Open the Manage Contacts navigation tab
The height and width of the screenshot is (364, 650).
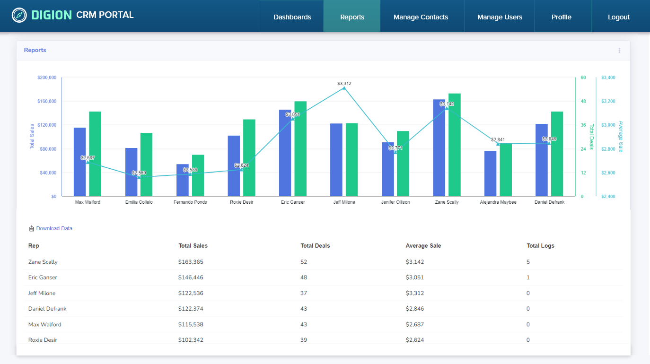(x=421, y=17)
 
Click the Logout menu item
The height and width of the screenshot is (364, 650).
(x=618, y=17)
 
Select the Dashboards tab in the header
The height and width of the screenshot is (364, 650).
(x=292, y=17)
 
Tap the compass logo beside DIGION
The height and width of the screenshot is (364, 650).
(x=19, y=15)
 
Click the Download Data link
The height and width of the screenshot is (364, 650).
(x=54, y=228)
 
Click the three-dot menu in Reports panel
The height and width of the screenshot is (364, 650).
(x=619, y=51)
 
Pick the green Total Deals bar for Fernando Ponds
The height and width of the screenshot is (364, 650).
(x=198, y=175)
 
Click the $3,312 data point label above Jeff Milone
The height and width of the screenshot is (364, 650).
(x=344, y=84)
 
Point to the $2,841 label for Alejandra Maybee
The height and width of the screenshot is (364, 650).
(x=498, y=140)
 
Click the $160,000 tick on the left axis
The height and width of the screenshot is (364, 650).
(x=47, y=101)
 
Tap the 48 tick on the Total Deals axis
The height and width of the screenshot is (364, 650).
(x=583, y=101)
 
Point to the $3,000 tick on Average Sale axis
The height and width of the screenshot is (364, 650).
(x=608, y=125)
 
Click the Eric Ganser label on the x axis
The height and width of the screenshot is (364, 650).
(x=293, y=202)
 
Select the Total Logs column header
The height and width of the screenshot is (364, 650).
(x=540, y=246)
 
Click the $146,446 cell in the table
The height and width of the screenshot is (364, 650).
(x=191, y=277)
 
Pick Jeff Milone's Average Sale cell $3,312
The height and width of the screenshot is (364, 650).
(x=414, y=293)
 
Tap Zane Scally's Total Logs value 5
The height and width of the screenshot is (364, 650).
(x=528, y=262)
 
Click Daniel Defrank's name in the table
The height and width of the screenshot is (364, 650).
(x=47, y=309)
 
